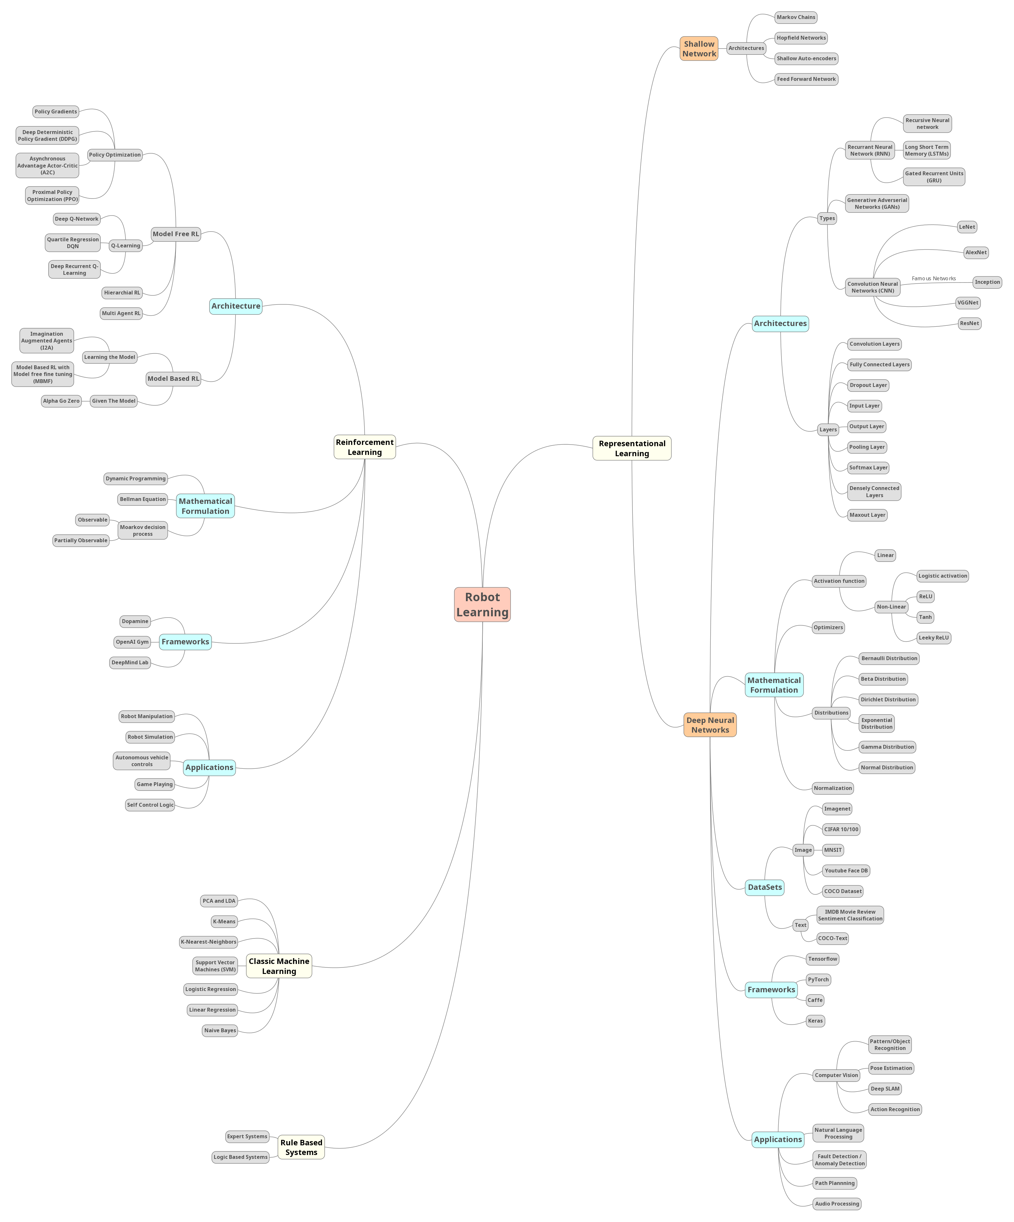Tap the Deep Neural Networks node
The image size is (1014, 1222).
click(x=710, y=725)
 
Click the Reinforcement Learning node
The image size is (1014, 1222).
click(x=365, y=447)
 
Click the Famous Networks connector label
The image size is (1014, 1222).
click(x=933, y=279)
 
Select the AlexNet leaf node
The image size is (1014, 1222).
click(x=976, y=253)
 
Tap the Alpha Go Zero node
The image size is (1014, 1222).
click(x=61, y=401)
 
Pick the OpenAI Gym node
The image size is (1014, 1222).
click(x=132, y=642)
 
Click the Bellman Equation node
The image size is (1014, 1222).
click(x=143, y=499)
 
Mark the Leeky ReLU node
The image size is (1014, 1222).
click(x=933, y=638)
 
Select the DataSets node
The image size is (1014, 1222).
click(x=764, y=887)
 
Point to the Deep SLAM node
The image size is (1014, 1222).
click(x=885, y=1089)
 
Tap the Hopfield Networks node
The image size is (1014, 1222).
click(x=801, y=38)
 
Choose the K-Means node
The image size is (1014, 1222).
click(x=224, y=922)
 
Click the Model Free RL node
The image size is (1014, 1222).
click(x=176, y=234)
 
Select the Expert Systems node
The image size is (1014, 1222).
click(x=247, y=1136)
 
